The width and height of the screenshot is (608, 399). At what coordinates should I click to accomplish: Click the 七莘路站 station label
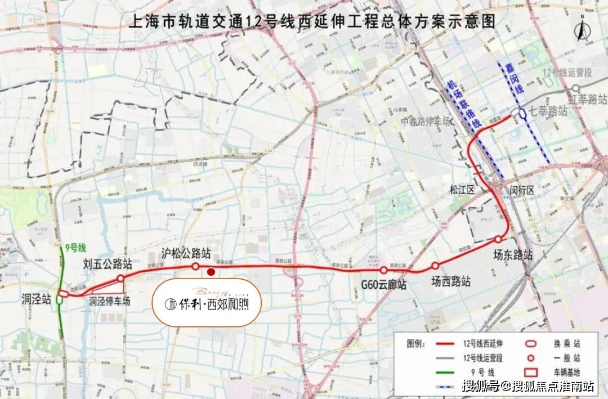coord(548,111)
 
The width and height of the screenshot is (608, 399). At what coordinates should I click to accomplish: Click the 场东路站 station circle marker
coord(498,239)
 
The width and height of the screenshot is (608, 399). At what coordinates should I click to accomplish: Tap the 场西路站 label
coord(451,281)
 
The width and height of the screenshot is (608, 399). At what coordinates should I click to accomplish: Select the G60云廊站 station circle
coord(384,270)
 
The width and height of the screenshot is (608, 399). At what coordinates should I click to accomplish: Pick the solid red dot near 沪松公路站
coord(211,272)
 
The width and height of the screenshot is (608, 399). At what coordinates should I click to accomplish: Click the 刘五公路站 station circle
coord(120,278)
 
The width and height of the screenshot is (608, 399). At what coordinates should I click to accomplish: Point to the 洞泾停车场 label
coord(110,302)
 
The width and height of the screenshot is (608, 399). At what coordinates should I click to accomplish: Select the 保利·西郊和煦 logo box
coord(208,302)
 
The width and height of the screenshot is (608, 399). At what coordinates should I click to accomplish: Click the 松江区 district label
coord(463,190)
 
